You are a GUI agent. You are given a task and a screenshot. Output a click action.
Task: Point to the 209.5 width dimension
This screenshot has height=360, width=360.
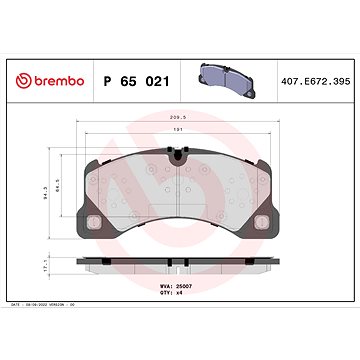pyautogui.click(x=178, y=117)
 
